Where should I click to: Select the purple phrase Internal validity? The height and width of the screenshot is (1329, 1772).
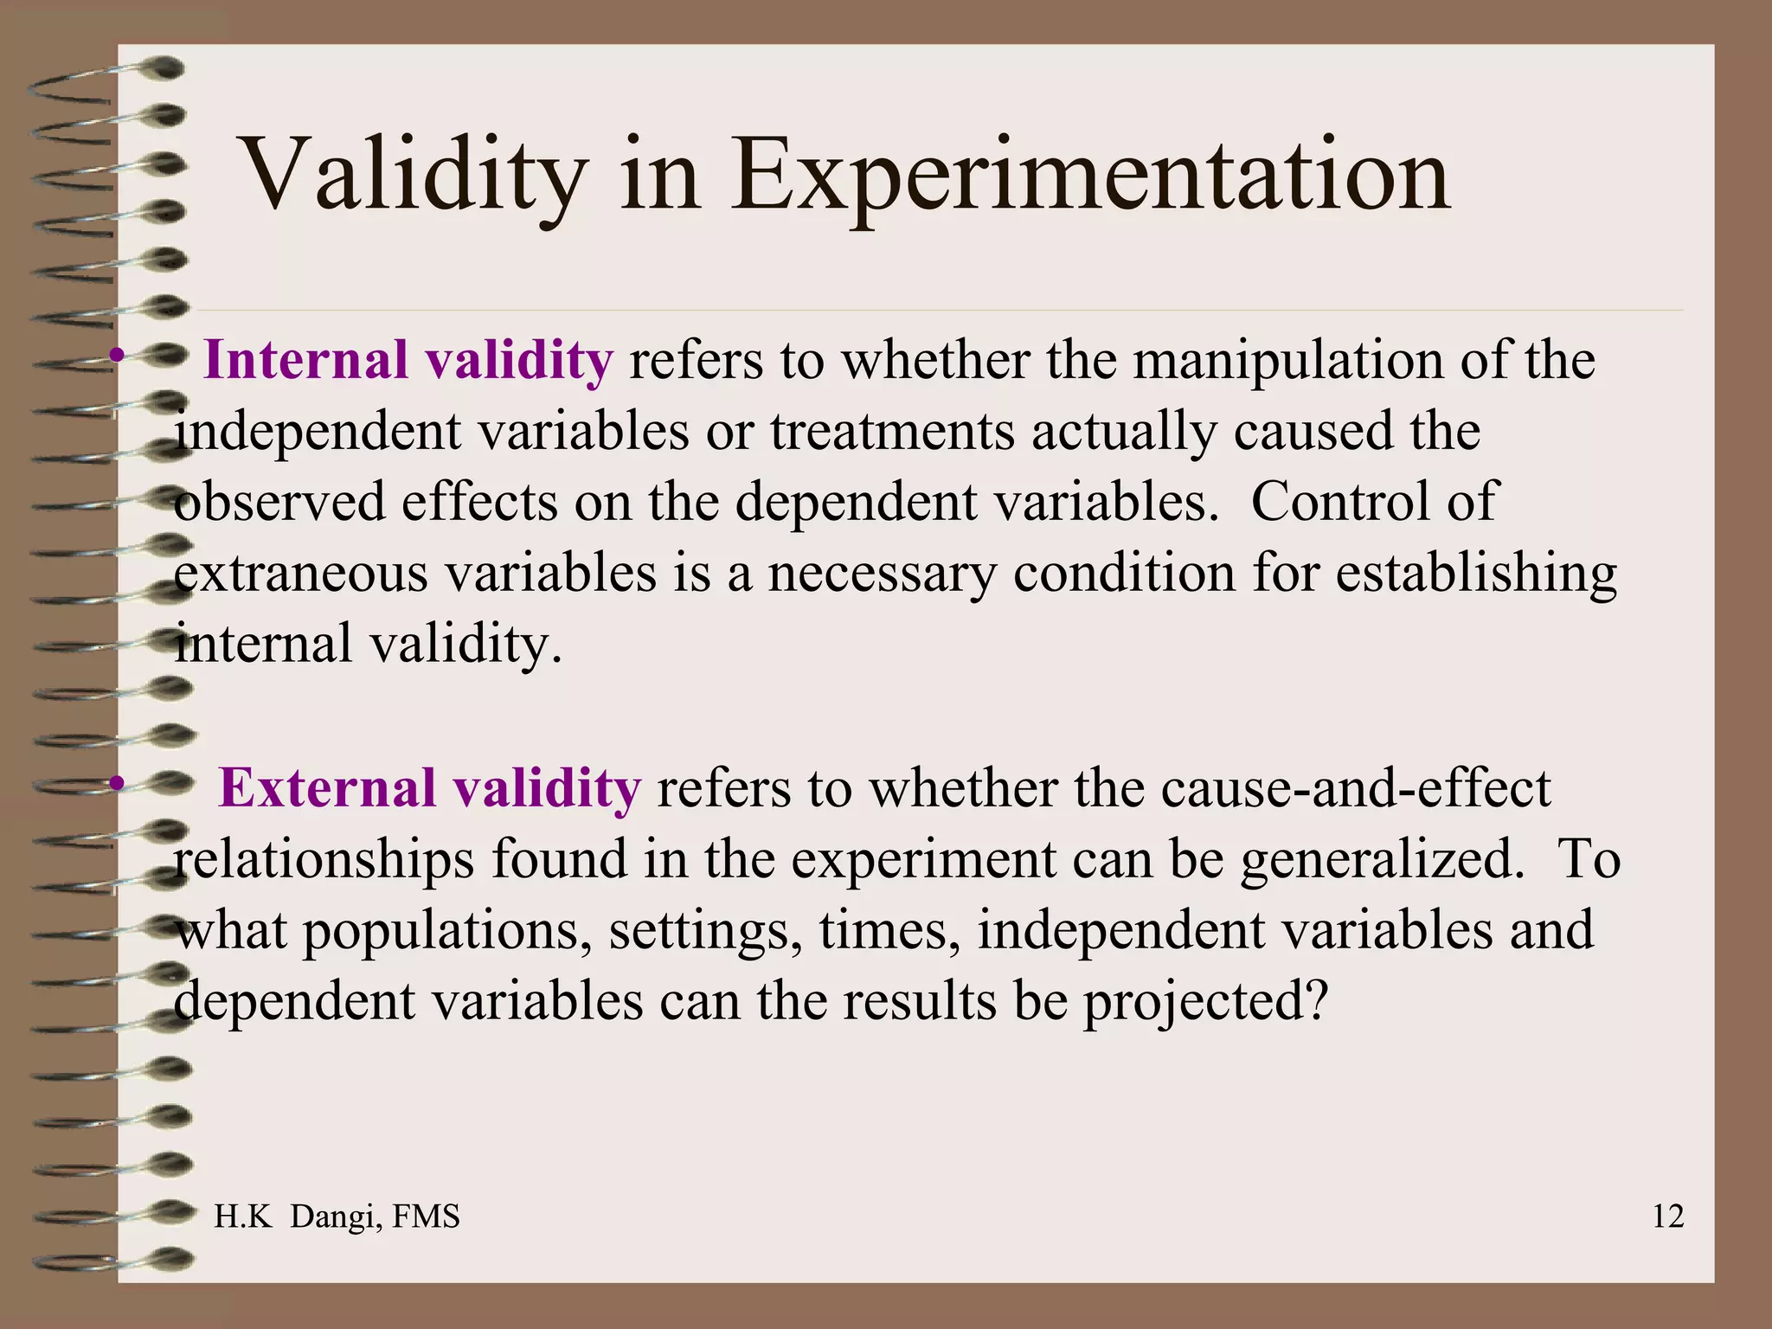(x=408, y=360)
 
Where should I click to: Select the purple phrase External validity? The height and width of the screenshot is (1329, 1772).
(x=429, y=788)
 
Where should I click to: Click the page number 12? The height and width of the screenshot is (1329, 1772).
(x=1667, y=1217)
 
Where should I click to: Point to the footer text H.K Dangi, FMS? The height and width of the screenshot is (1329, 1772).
(x=337, y=1217)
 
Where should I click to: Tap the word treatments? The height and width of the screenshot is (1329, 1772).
(x=892, y=431)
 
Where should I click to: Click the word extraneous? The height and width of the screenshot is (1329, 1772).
(x=301, y=573)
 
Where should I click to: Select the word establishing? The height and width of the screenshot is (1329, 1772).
(x=1476, y=573)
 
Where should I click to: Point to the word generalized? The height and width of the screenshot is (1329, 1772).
(x=1382, y=860)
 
